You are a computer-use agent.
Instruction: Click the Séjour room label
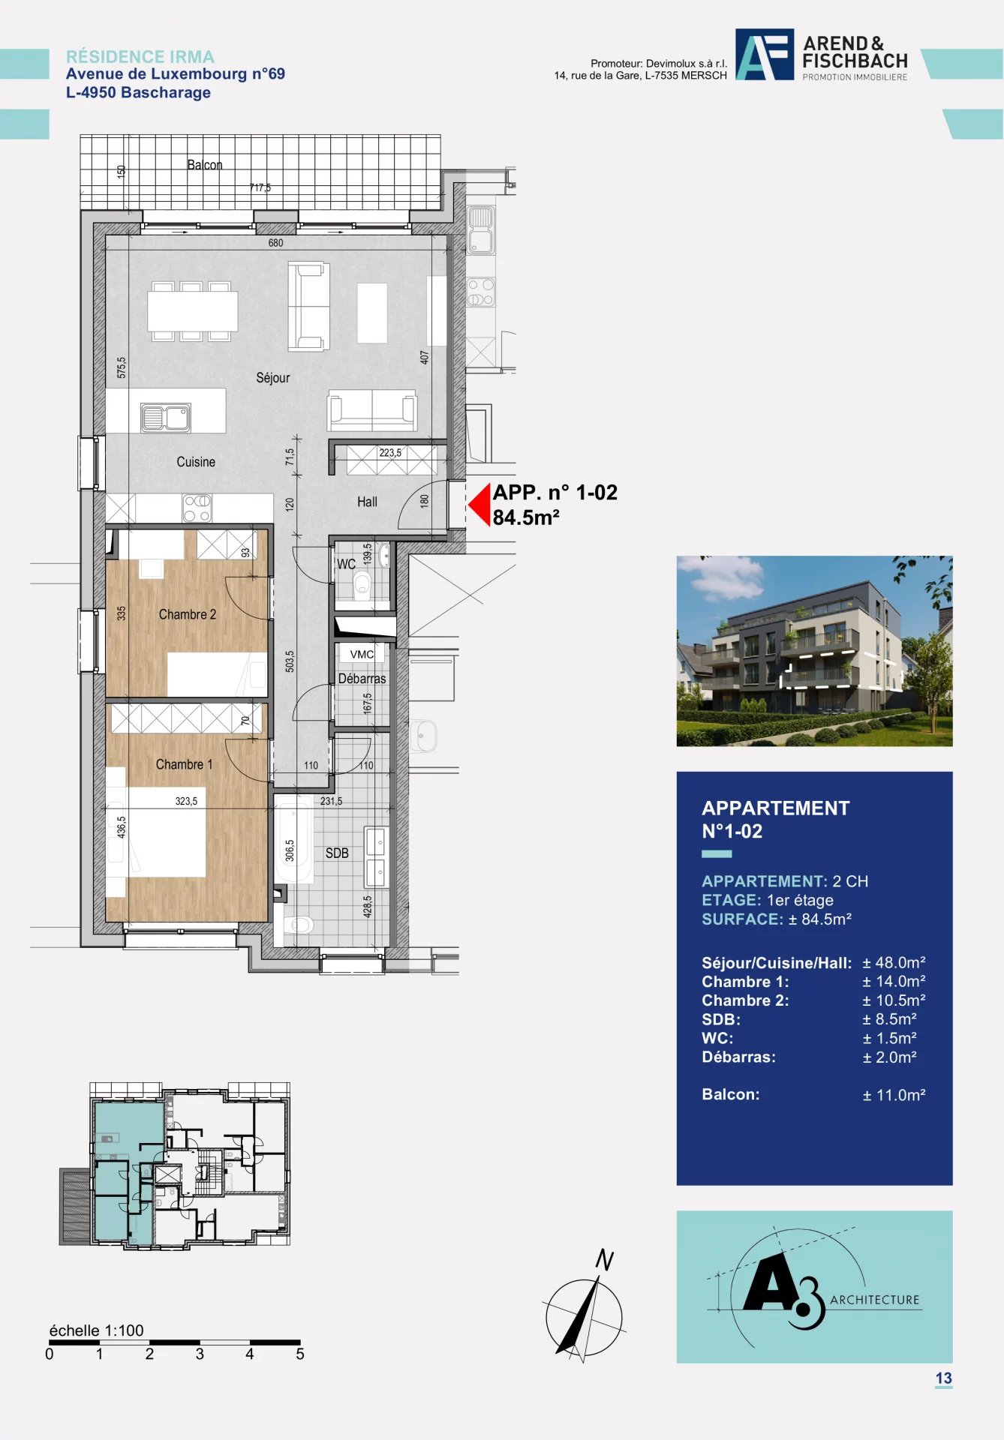coord(272,378)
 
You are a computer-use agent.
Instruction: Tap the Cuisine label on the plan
coord(196,462)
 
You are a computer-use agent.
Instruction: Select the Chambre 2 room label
coord(188,614)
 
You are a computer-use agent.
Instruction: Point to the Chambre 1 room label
coord(185,764)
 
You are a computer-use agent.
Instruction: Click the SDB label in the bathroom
coord(337,853)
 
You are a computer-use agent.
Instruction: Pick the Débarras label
coord(362,679)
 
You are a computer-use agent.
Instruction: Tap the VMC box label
coord(362,654)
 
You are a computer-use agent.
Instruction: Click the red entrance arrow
coord(479,505)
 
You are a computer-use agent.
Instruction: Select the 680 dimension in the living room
coord(275,243)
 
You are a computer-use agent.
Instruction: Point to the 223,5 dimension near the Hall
coord(390,453)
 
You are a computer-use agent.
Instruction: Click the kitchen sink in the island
coord(166,418)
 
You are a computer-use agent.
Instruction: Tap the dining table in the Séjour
coord(192,311)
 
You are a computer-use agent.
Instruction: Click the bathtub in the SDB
coord(293,841)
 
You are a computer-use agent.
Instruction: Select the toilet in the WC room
coord(363,583)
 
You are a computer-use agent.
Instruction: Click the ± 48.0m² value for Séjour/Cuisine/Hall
coord(894,962)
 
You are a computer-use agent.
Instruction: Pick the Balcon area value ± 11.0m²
coord(894,1095)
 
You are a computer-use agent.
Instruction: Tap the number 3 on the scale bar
coord(200,1354)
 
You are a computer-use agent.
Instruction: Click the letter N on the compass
coord(604,1260)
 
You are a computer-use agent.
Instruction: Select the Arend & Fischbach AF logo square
coord(765,55)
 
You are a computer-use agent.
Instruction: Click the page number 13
coord(943,1378)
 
